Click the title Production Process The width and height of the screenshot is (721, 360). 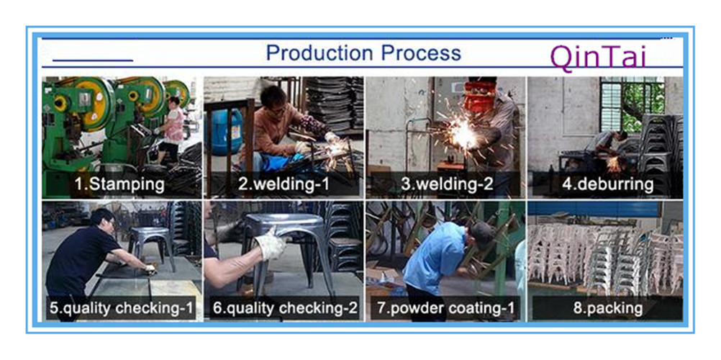tap(363, 53)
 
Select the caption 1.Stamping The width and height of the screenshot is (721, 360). tap(119, 184)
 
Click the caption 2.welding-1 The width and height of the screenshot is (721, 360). tap(284, 184)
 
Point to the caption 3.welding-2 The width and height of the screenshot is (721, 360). tap(447, 184)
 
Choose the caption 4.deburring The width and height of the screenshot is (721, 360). tap(608, 184)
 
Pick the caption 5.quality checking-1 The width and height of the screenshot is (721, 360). tap(122, 308)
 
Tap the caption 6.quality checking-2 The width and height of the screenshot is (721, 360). tap(285, 308)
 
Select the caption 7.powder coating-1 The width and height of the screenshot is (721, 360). tap(446, 308)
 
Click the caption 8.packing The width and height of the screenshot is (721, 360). tap(608, 308)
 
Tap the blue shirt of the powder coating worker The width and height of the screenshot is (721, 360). tap(435, 257)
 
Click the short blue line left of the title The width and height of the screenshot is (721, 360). tap(93, 60)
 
